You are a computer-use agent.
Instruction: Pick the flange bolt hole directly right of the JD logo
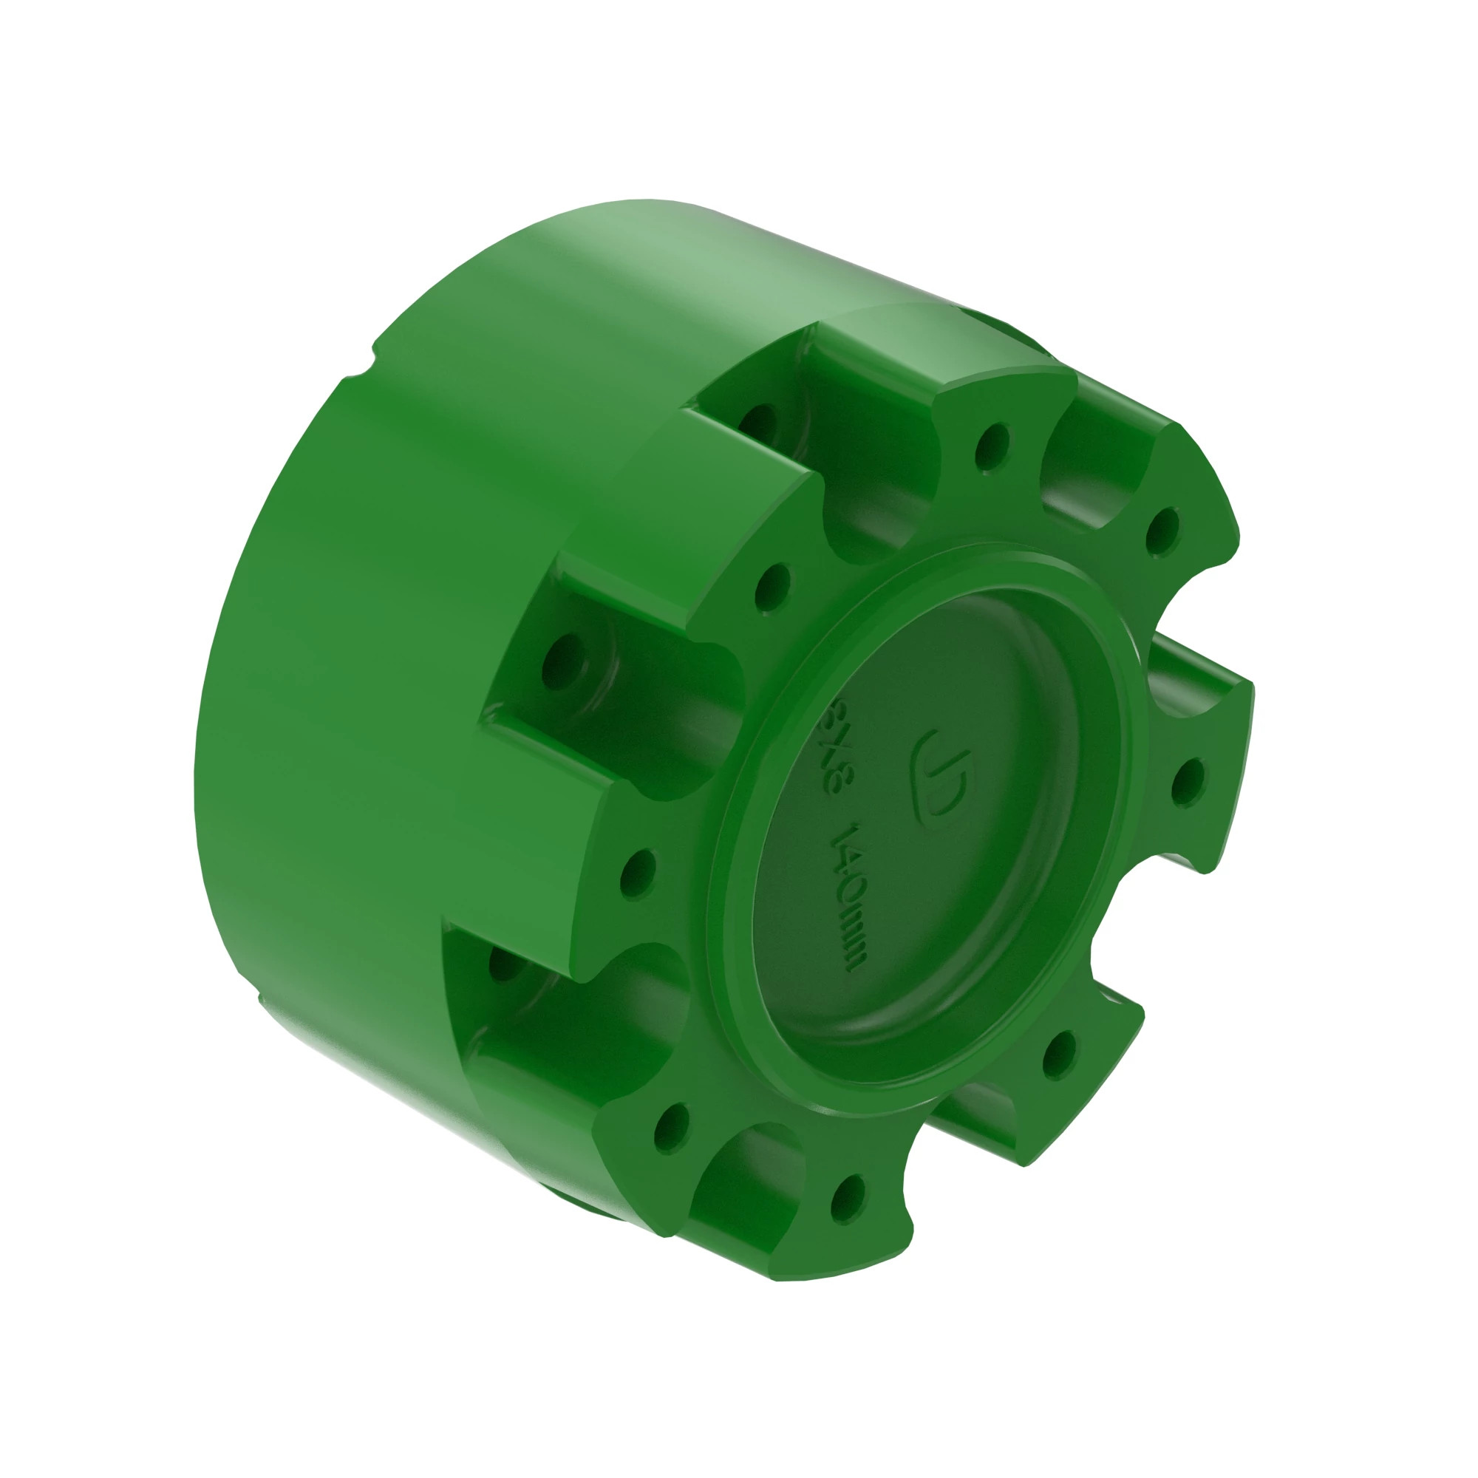point(1187,780)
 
